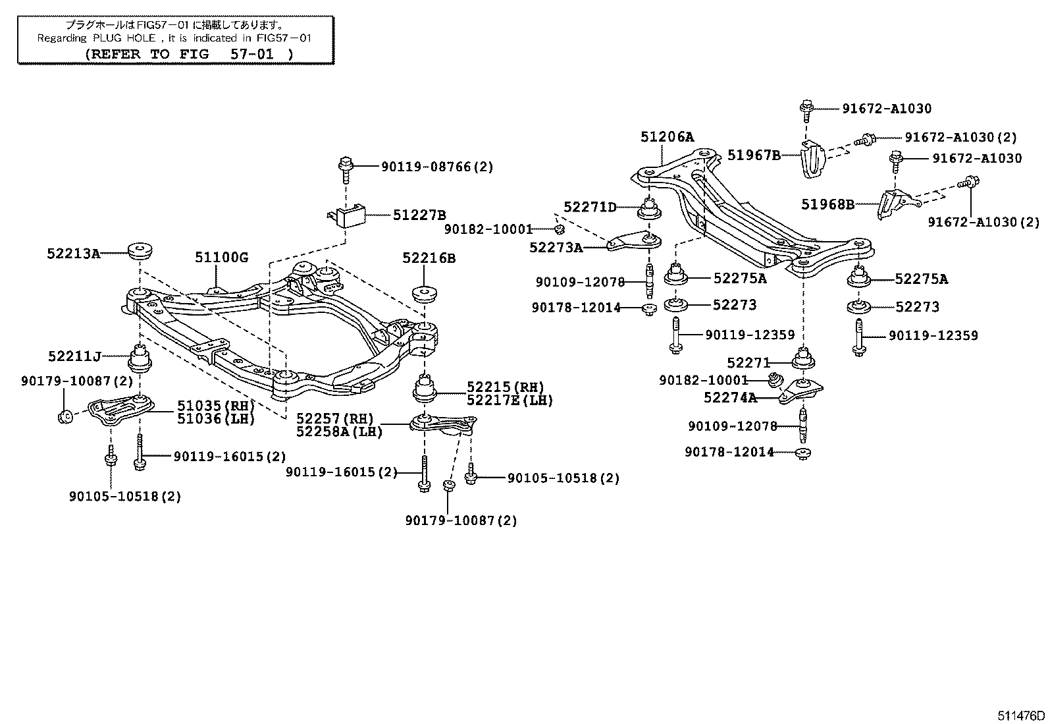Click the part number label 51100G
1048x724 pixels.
(x=221, y=258)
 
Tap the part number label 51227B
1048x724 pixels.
(x=419, y=215)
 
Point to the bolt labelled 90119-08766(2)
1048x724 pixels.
(x=346, y=167)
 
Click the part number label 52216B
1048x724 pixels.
(x=429, y=258)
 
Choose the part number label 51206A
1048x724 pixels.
(x=667, y=137)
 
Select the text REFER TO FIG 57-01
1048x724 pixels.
(x=188, y=54)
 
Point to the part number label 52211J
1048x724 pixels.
(x=74, y=357)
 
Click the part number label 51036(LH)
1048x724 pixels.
(x=215, y=418)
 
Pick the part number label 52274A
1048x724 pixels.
(x=729, y=397)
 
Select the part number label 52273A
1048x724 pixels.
(x=556, y=248)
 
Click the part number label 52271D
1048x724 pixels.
(x=590, y=208)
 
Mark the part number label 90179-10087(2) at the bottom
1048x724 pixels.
(x=461, y=520)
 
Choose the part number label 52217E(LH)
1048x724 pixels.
(x=510, y=400)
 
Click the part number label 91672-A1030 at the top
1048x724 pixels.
(x=887, y=109)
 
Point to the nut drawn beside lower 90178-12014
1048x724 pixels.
(x=803, y=453)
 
